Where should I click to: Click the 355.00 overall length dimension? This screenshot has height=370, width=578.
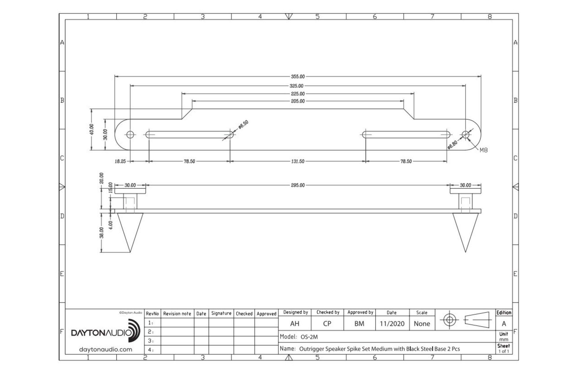click(x=298, y=77)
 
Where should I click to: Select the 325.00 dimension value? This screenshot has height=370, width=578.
click(x=297, y=86)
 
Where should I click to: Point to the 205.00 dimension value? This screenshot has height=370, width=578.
click(x=298, y=101)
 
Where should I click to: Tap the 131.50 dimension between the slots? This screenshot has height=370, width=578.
click(x=298, y=161)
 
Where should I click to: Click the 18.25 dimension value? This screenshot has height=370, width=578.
click(x=120, y=161)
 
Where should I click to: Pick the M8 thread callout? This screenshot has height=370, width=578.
click(x=483, y=150)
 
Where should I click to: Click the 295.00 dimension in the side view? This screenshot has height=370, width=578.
click(x=298, y=185)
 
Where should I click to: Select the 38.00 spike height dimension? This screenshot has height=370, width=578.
click(x=101, y=233)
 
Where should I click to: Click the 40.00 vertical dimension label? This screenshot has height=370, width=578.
click(x=92, y=129)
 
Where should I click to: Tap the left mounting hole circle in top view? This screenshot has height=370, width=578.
click(x=130, y=135)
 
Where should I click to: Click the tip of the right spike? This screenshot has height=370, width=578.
click(x=465, y=252)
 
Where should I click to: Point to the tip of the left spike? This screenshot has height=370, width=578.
click(x=130, y=252)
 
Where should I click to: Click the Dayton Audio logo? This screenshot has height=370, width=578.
click(x=105, y=331)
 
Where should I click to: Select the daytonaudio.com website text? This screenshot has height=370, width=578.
click(x=105, y=349)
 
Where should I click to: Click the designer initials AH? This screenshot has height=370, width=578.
click(x=294, y=324)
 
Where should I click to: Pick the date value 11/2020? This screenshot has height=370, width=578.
click(x=392, y=324)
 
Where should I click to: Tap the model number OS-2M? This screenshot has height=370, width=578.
click(x=309, y=337)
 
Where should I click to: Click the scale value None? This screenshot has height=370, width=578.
click(x=422, y=324)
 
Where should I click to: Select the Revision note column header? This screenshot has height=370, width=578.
click(x=177, y=314)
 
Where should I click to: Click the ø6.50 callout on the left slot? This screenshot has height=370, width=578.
click(x=243, y=125)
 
